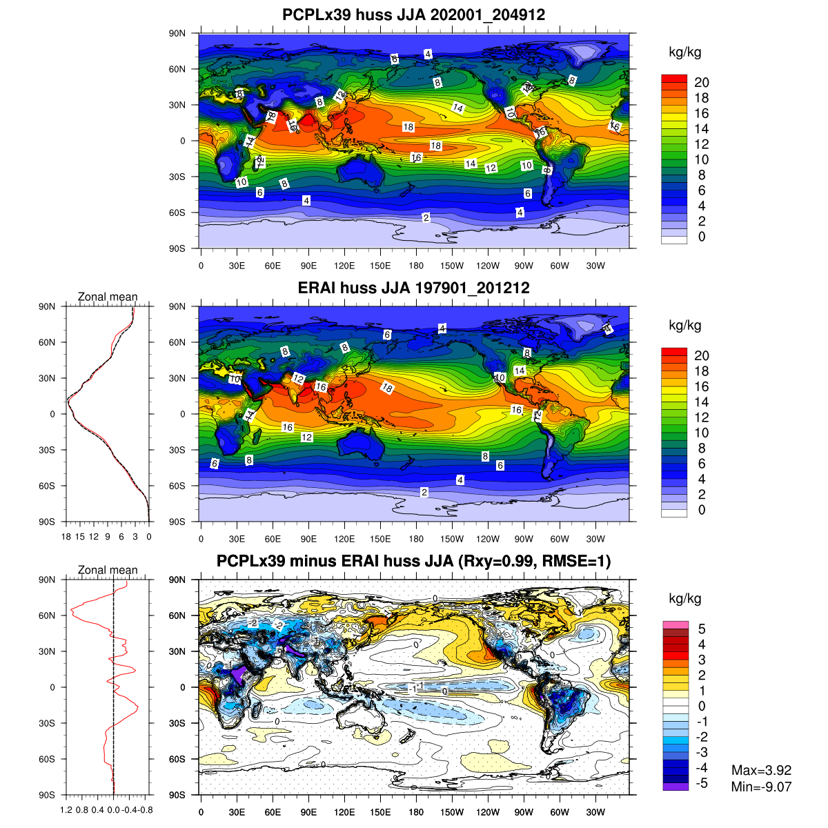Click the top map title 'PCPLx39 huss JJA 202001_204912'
[414, 14]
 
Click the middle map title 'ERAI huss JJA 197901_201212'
[414, 288]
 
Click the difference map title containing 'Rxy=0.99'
[414, 561]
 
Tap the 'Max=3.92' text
[761, 771]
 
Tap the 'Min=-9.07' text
[761, 787]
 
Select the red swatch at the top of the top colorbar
[674, 79]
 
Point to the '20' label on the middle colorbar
[701, 355]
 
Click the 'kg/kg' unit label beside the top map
[685, 52]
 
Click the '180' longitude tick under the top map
[416, 266]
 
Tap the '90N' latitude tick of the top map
[177, 33]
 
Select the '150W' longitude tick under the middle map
[452, 539]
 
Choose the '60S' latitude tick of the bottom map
[177, 759]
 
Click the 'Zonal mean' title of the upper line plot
[108, 297]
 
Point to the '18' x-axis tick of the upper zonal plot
[66, 536]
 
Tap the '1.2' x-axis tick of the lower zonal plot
[66, 809]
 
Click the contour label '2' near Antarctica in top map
[426, 217]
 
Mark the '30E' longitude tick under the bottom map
[237, 812]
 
